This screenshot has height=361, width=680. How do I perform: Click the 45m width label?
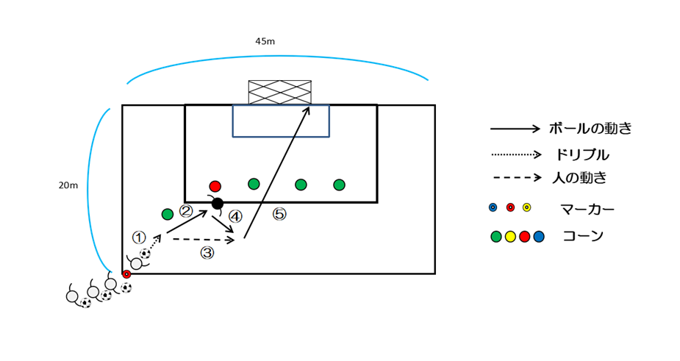(x=265, y=42)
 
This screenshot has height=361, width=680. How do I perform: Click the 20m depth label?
(x=68, y=185)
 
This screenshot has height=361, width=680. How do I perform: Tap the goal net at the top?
(x=279, y=92)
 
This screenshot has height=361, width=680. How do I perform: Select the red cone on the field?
(x=215, y=186)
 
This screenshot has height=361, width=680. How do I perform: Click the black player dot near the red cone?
(x=218, y=203)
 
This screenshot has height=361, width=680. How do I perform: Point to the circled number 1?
(x=139, y=237)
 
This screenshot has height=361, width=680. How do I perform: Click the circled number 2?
(x=186, y=211)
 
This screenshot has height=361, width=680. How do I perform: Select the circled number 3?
(x=207, y=253)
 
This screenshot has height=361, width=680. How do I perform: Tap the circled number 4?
(x=235, y=216)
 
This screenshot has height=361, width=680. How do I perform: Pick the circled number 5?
(x=279, y=214)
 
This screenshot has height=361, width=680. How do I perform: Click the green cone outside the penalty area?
(x=168, y=214)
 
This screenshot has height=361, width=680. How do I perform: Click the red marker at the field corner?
(x=126, y=274)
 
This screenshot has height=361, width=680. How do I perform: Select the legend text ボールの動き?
(x=590, y=129)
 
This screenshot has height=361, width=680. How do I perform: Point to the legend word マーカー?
(x=587, y=210)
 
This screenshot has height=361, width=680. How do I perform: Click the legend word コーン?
(x=583, y=236)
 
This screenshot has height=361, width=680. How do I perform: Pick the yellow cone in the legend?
(x=510, y=237)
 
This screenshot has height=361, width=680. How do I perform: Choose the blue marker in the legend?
(x=493, y=207)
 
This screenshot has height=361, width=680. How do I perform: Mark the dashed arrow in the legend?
(x=518, y=177)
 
